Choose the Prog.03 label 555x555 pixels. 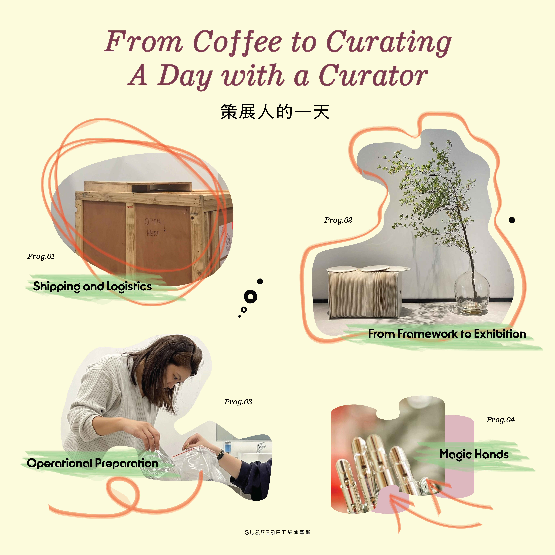pyautogui.click(x=238, y=402)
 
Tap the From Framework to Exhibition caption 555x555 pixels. pyautogui.click(x=447, y=334)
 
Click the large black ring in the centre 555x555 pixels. pyautogui.click(x=250, y=297)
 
